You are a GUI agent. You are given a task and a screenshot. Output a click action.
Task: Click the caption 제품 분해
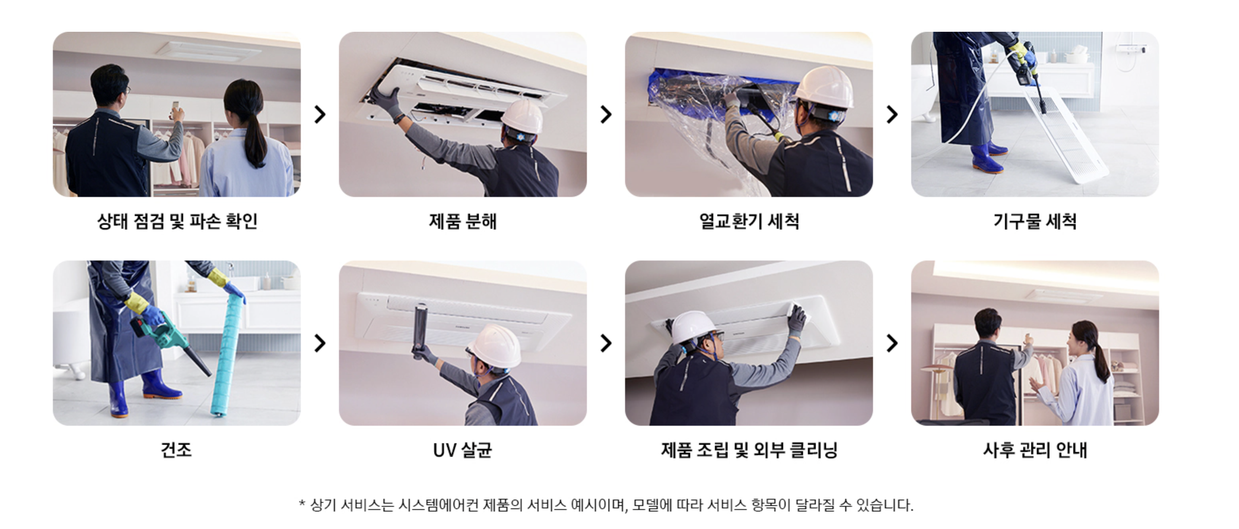pyautogui.click(x=463, y=221)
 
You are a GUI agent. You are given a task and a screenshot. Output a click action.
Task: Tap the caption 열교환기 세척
pyautogui.click(x=749, y=221)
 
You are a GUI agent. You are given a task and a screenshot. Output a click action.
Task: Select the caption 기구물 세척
pyautogui.click(x=1035, y=221)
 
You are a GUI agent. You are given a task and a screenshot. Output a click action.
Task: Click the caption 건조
pyautogui.click(x=176, y=450)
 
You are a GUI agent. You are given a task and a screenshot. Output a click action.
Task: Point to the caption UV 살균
pyautogui.click(x=463, y=450)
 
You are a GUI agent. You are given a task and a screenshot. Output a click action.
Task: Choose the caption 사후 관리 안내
pyautogui.click(x=1035, y=450)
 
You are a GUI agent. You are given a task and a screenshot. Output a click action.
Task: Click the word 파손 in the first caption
pyautogui.click(x=206, y=221)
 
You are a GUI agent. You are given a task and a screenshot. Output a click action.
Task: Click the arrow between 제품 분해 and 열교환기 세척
pyautogui.click(x=606, y=114)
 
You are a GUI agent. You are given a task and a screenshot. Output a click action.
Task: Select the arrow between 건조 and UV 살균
pyautogui.click(x=320, y=343)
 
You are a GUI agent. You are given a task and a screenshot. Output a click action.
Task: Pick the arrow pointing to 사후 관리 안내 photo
pyautogui.click(x=892, y=343)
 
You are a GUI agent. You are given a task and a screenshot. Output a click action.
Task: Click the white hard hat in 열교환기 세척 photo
pyautogui.click(x=823, y=87)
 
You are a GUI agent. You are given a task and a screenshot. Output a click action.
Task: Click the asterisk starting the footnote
pyautogui.click(x=302, y=503)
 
